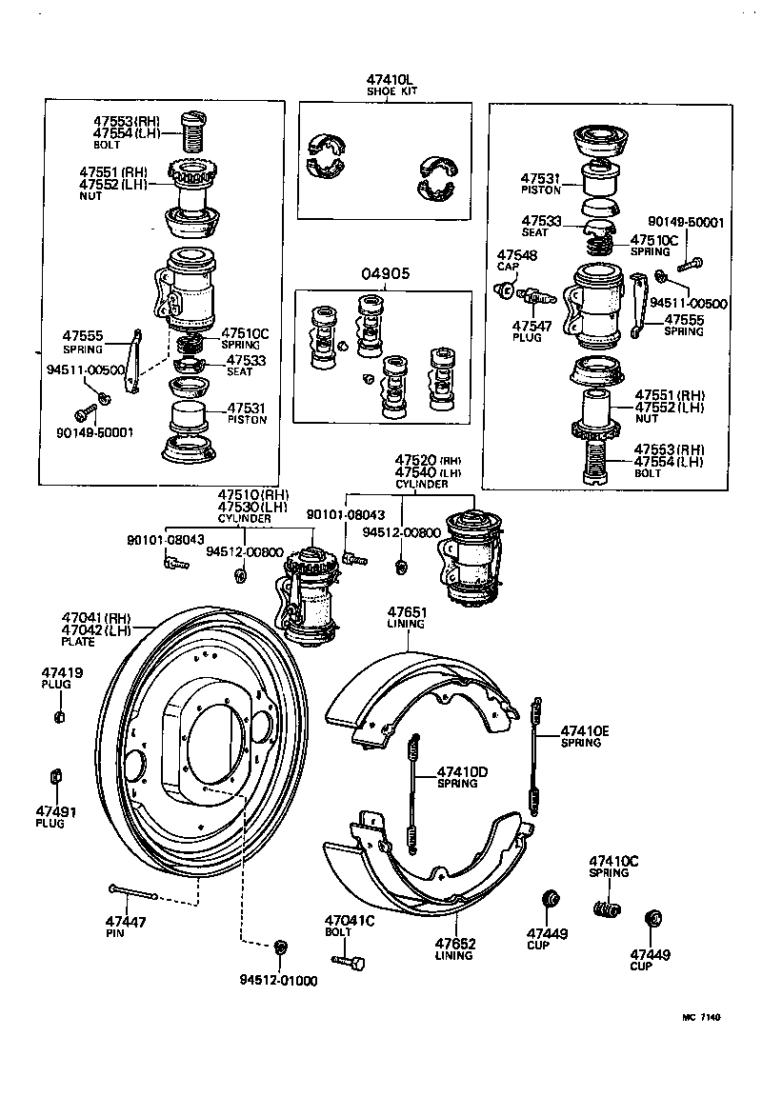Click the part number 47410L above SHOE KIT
pos(386,80)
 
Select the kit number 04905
pos(385,272)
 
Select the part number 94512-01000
pos(279,980)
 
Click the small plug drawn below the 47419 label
pos(60,715)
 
